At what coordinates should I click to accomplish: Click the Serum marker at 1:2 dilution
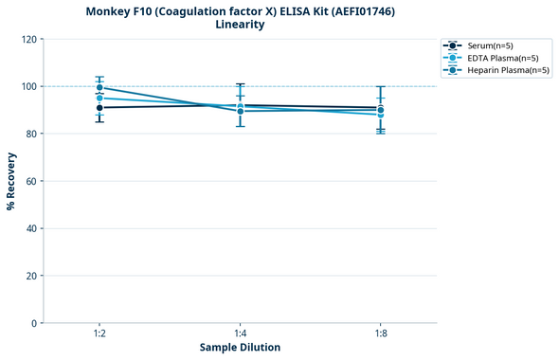click(x=99, y=108)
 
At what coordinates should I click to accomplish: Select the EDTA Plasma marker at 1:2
click(x=99, y=98)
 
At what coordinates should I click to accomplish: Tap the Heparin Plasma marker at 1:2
click(x=99, y=87)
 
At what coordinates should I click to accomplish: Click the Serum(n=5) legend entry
click(x=490, y=45)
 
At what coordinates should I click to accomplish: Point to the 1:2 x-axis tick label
click(x=99, y=333)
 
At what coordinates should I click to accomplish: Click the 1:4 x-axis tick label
click(x=240, y=333)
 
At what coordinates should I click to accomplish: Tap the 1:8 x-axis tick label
click(x=380, y=333)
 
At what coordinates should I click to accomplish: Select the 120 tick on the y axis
click(x=28, y=39)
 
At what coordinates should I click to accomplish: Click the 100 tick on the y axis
click(x=28, y=86)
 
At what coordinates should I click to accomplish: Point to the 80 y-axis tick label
click(x=31, y=134)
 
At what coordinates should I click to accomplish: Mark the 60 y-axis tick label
click(x=31, y=181)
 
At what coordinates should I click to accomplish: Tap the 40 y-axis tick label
click(x=31, y=228)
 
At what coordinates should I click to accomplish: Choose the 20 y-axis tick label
click(x=31, y=276)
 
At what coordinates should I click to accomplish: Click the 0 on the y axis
click(x=34, y=323)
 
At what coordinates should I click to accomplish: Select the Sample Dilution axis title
click(x=240, y=348)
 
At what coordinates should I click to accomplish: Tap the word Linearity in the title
click(x=240, y=25)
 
